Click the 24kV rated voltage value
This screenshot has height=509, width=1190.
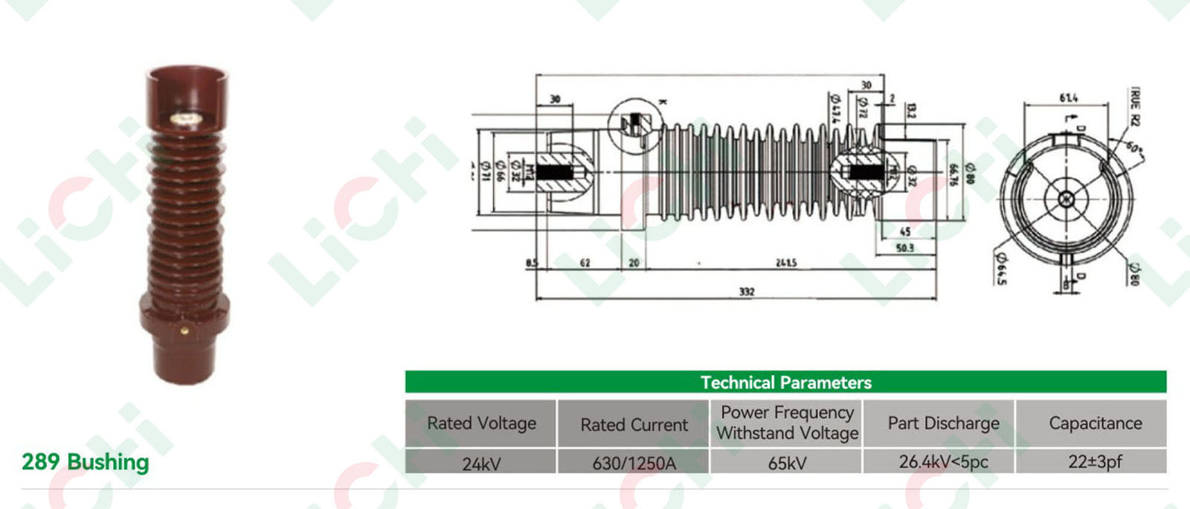(481, 464)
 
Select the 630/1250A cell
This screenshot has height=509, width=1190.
(634, 464)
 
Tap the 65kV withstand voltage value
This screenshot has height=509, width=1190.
(787, 463)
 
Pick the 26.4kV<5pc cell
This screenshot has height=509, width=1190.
(943, 462)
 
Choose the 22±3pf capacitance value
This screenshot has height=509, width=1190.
(1095, 461)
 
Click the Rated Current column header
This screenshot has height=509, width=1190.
(634, 425)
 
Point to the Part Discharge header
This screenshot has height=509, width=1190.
(943, 423)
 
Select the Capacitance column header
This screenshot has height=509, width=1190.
(1095, 423)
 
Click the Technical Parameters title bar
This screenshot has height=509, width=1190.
(785, 382)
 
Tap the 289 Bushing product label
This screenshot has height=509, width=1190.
(86, 462)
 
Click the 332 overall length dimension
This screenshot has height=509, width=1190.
(747, 292)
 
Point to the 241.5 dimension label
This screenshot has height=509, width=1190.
(785, 263)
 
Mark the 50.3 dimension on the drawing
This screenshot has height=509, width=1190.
(904, 248)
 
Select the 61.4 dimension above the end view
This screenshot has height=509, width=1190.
(1068, 98)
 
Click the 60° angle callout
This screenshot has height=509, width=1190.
(1132, 147)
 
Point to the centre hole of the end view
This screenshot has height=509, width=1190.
(1067, 199)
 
